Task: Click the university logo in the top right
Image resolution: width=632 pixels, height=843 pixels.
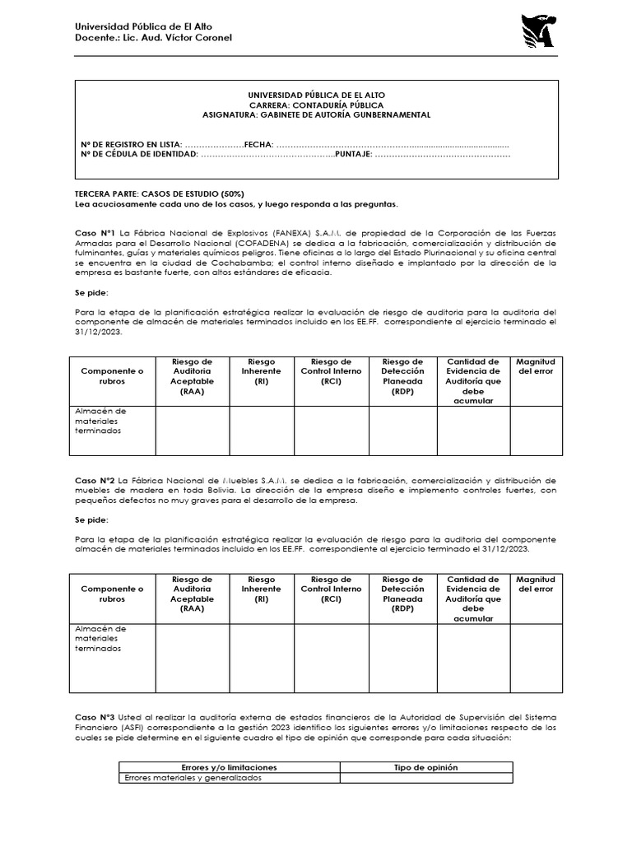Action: (x=537, y=30)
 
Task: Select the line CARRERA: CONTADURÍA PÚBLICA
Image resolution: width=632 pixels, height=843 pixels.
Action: (x=317, y=106)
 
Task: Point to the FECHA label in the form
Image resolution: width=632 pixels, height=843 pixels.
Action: (x=258, y=143)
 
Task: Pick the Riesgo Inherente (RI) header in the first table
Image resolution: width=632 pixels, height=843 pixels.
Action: (x=262, y=371)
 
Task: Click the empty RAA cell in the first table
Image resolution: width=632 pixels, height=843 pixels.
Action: (x=192, y=431)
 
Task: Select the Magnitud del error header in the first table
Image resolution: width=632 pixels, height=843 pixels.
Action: (x=535, y=366)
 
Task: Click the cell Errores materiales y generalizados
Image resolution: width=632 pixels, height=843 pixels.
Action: (x=193, y=778)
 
